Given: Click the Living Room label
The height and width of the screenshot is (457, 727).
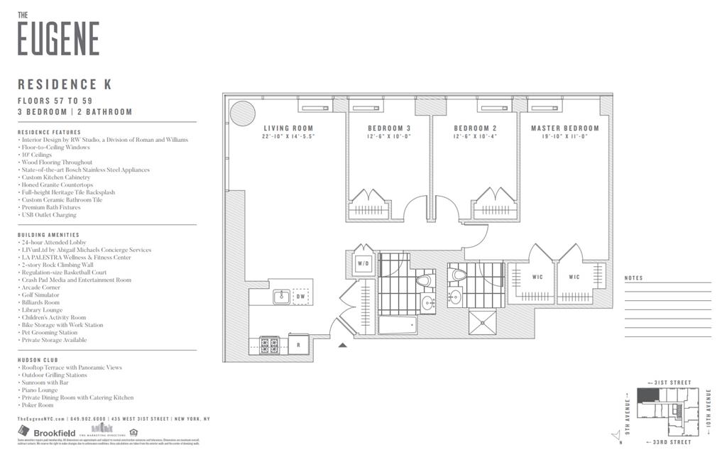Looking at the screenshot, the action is [288, 128].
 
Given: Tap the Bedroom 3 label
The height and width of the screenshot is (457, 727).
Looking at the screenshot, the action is [388, 128].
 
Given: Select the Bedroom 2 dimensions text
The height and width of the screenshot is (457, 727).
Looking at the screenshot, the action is [474, 136].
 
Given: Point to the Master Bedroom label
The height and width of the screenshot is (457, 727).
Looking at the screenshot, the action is [564, 128].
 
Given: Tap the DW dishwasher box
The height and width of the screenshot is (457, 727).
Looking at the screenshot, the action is [301, 297].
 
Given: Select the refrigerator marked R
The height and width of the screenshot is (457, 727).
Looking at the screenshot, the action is [299, 345].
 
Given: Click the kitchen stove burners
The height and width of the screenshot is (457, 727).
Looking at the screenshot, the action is [270, 345].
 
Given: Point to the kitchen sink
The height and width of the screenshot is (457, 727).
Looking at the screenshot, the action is [281, 297].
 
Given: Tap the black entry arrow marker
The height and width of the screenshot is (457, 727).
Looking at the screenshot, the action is [342, 346].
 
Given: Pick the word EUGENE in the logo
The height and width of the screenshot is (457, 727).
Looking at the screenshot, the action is [58, 38].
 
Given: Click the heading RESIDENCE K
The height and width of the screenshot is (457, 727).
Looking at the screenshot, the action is [65, 85].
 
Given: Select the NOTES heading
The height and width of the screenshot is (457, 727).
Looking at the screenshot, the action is [634, 278].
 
